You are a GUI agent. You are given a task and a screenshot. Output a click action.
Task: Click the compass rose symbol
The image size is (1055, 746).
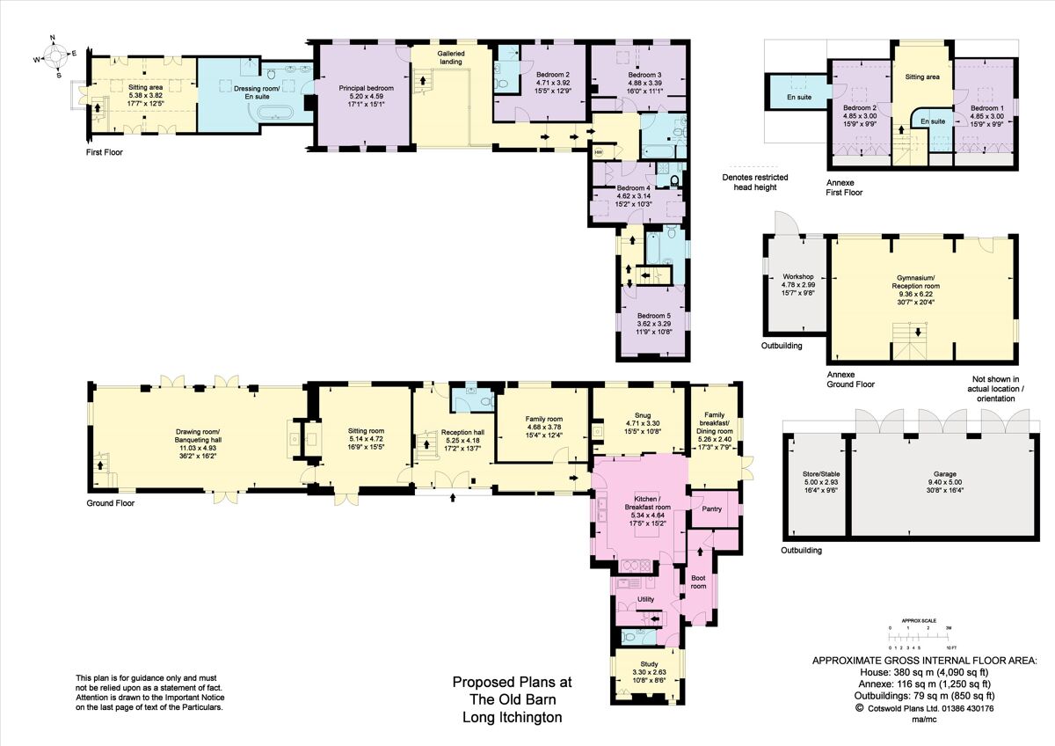[54, 56]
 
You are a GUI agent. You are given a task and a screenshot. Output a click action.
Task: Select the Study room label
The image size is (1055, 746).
[649, 664]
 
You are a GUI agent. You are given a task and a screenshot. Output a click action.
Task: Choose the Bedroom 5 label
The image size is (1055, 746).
[653, 316]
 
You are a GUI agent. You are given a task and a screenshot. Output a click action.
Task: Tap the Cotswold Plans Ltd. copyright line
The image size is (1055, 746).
[924, 707]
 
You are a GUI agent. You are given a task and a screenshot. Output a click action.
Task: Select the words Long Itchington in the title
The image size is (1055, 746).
[512, 717]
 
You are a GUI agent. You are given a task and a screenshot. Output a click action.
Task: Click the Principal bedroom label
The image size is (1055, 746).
[366, 88]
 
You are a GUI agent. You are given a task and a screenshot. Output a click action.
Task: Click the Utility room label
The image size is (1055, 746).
[645, 599]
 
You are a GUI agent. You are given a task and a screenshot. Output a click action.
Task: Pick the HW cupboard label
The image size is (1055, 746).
[599, 152]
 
